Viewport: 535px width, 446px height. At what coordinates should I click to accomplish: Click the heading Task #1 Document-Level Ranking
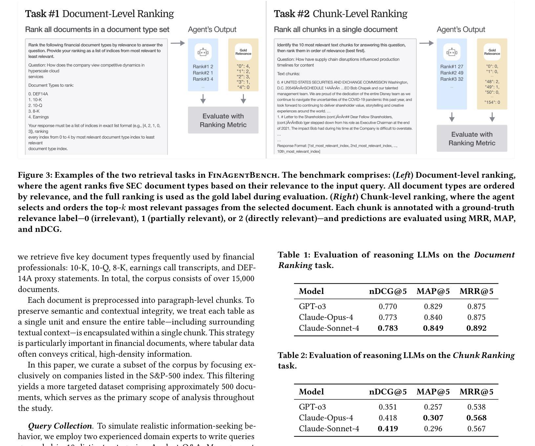tap(99, 14)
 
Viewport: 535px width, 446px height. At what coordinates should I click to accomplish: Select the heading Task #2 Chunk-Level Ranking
tap(340, 14)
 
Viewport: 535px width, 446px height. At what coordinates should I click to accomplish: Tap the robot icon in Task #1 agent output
tap(203, 52)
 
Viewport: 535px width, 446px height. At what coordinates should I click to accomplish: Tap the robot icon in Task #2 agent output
tap(452, 52)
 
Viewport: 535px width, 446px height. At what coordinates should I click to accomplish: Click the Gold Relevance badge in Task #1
tap(243, 52)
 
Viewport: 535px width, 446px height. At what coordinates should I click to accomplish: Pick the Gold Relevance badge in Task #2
tap(492, 52)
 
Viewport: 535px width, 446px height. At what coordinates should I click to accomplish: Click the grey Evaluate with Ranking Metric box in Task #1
tap(223, 120)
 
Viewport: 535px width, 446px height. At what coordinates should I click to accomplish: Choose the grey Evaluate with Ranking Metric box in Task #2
tap(472, 138)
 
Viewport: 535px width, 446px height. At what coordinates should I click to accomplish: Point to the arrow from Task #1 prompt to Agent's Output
tap(178, 43)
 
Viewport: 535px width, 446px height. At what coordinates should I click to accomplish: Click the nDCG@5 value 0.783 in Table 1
tap(388, 328)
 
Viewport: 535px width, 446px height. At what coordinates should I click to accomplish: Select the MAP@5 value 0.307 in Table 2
tap(433, 418)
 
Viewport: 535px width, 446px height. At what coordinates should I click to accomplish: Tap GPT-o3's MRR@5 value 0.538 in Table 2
tap(476, 407)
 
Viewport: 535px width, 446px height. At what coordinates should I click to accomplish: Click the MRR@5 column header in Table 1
tap(476, 291)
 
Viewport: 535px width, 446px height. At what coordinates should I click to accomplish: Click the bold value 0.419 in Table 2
tap(388, 429)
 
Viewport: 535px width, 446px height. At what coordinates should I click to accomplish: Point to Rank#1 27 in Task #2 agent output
tap(452, 67)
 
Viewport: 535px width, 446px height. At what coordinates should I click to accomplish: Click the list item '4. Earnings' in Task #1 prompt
tap(38, 117)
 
